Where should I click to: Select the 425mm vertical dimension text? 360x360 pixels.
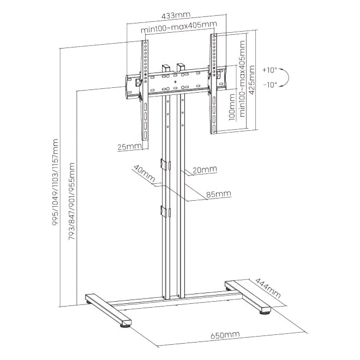coord(251,80)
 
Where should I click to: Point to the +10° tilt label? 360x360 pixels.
coord(270,70)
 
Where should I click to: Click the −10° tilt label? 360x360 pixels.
coord(270,85)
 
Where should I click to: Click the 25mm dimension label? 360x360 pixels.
coord(129,147)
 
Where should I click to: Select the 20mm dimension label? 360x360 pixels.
coord(205,170)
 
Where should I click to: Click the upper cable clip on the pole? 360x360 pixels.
coord(165,164)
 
